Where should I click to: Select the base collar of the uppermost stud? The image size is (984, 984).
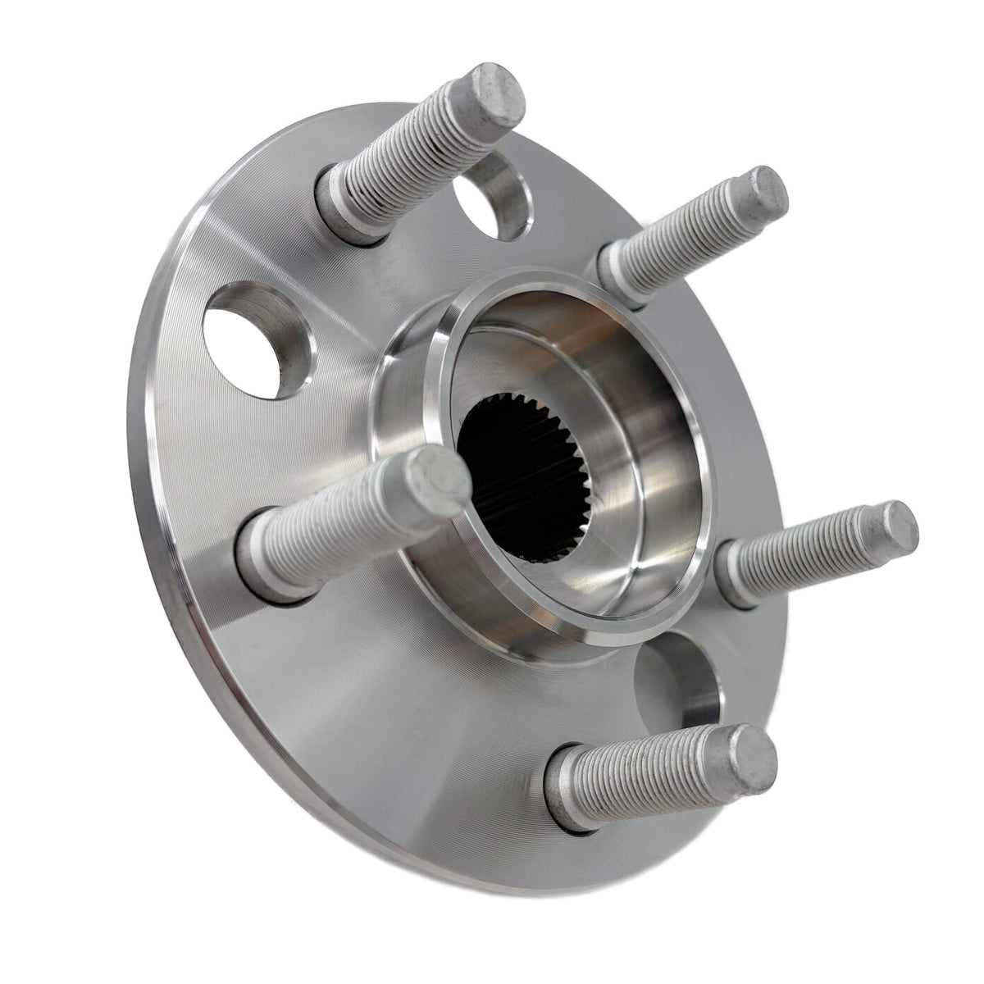coord(344,205)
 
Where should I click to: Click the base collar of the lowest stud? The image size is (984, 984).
coord(566,791)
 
